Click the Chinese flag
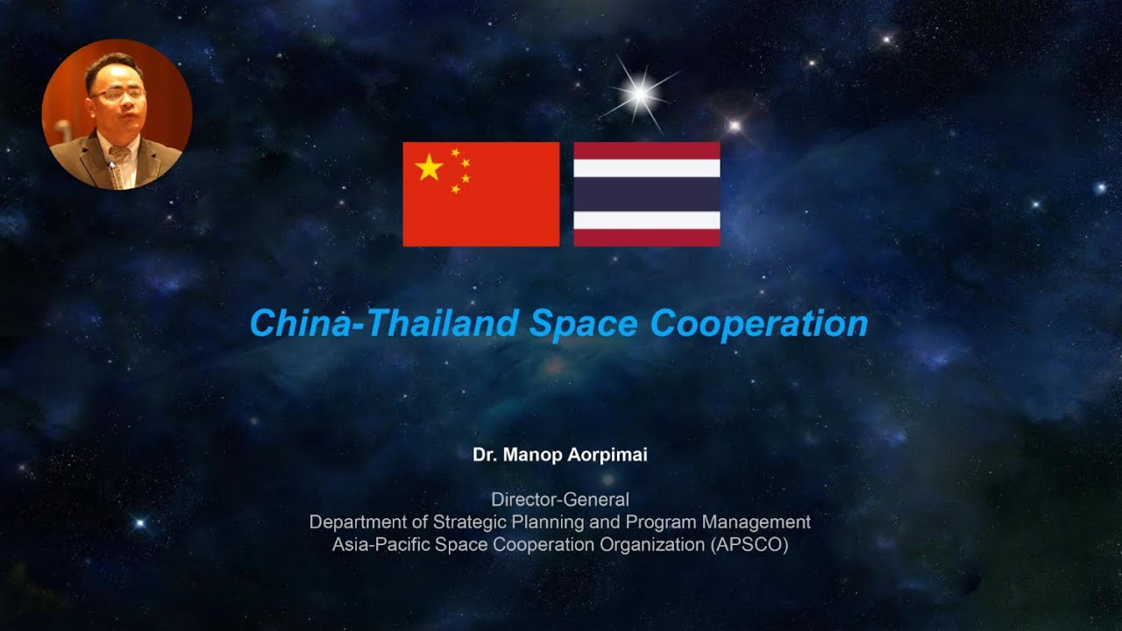pos(480,194)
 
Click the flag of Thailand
pos(647,194)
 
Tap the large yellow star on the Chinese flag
pos(429,167)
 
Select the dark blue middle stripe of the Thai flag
pos(647,194)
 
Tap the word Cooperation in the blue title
pos(759,323)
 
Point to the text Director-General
pos(560,500)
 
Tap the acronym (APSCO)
pos(748,544)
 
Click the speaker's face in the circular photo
pos(115,96)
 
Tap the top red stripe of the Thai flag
pos(647,150)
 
